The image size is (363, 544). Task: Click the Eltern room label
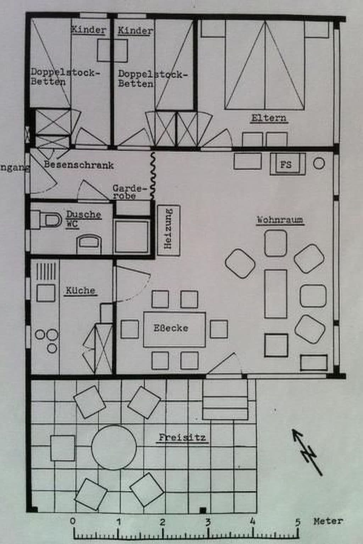coord(269,118)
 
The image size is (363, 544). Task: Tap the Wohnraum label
coord(280,220)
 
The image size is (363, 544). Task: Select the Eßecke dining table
coord(174,329)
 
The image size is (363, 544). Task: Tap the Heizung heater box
coord(168,228)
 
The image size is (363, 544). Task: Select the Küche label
coord(80,290)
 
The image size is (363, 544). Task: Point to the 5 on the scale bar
coord(298,521)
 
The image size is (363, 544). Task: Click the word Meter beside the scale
coord(328,521)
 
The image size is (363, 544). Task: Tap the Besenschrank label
coord(79,165)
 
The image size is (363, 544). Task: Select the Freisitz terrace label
coord(182,437)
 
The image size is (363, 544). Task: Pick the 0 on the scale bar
coord(73,521)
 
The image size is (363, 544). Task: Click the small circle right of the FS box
coord(319,163)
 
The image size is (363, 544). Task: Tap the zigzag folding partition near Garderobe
coord(153,175)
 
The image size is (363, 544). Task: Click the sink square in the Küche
coord(46,293)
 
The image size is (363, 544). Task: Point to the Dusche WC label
coord(83,219)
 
